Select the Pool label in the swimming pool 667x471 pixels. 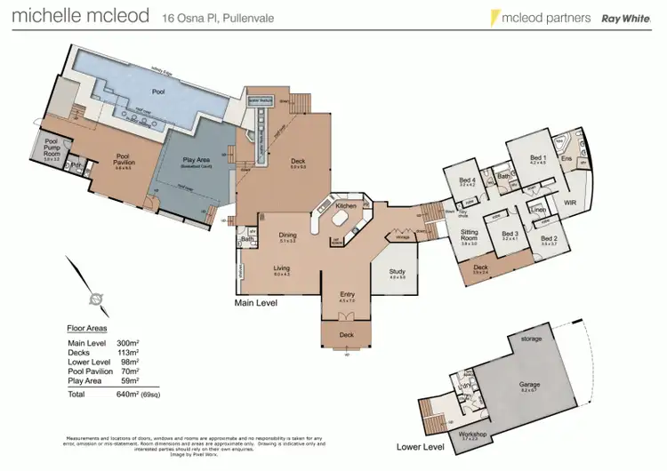(x=134, y=91)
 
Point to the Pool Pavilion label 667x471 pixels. (x=124, y=159)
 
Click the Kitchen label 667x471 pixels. (x=346, y=205)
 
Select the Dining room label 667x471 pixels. (x=287, y=235)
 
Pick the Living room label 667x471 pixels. (x=282, y=269)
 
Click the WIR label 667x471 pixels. (x=572, y=203)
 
